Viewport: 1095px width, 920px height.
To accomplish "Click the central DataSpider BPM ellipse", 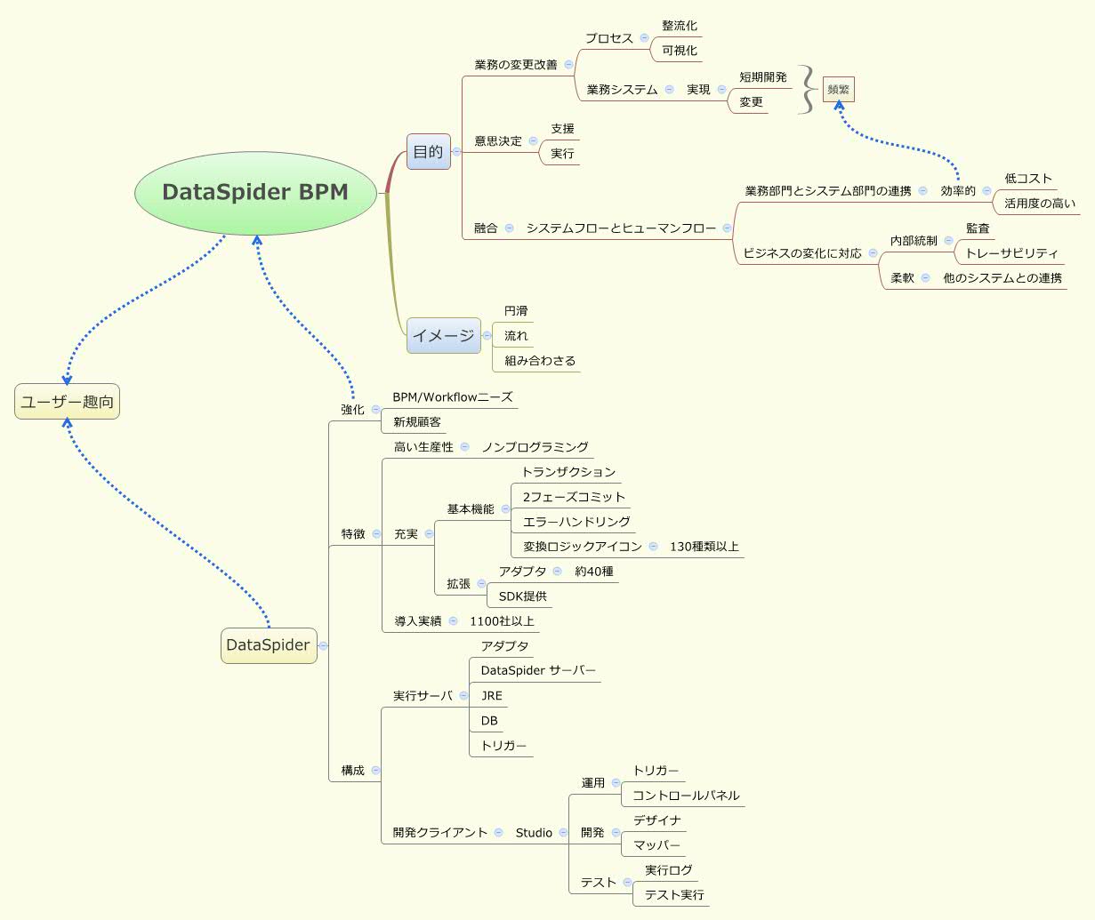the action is tap(255, 193).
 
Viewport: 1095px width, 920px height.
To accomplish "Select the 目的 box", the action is tap(429, 151).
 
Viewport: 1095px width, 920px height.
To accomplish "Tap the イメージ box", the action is tap(444, 335).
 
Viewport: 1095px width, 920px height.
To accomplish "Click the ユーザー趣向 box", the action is tap(67, 402).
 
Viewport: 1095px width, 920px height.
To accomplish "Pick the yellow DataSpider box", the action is tap(269, 645).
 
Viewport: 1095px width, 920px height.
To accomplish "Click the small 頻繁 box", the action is tap(838, 89).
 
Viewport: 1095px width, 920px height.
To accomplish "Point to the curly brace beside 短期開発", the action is tap(808, 89).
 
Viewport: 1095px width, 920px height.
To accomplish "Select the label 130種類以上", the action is tap(705, 547).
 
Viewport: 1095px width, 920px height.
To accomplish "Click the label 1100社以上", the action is tap(502, 621).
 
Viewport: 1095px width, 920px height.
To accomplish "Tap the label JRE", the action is tap(492, 696).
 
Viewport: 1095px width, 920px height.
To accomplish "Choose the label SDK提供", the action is tap(523, 596).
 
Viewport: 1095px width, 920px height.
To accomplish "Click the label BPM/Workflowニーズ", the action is tap(453, 396).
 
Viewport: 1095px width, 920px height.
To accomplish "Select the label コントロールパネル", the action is tap(686, 796).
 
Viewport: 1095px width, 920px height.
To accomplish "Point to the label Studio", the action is tap(534, 833).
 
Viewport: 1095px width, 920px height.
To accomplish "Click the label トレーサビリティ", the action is tap(1011, 253).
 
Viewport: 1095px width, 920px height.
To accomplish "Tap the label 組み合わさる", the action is tap(540, 361).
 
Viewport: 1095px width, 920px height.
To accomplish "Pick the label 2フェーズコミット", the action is tap(574, 497).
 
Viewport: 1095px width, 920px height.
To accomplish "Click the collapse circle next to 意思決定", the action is tap(534, 140).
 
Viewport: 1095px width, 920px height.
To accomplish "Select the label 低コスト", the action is tap(1028, 179).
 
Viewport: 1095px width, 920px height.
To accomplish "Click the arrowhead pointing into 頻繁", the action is tap(839, 105).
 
